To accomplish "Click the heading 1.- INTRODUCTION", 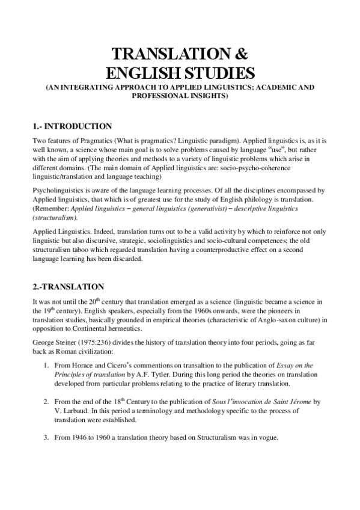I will click(x=72, y=126).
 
